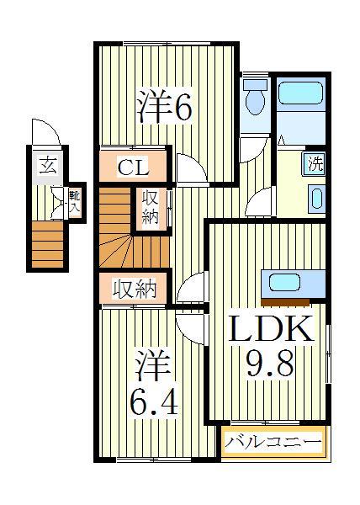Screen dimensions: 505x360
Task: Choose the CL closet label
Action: click(133, 167)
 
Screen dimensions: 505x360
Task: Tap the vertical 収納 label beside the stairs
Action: click(150, 208)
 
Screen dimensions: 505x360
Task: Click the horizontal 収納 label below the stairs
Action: click(135, 290)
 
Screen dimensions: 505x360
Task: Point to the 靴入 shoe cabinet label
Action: click(75, 200)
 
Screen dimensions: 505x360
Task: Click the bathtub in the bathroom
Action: click(301, 93)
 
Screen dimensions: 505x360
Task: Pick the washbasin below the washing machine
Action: click(316, 199)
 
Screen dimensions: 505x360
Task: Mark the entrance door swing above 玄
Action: click(45, 133)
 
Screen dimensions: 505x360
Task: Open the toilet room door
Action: click(251, 149)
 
